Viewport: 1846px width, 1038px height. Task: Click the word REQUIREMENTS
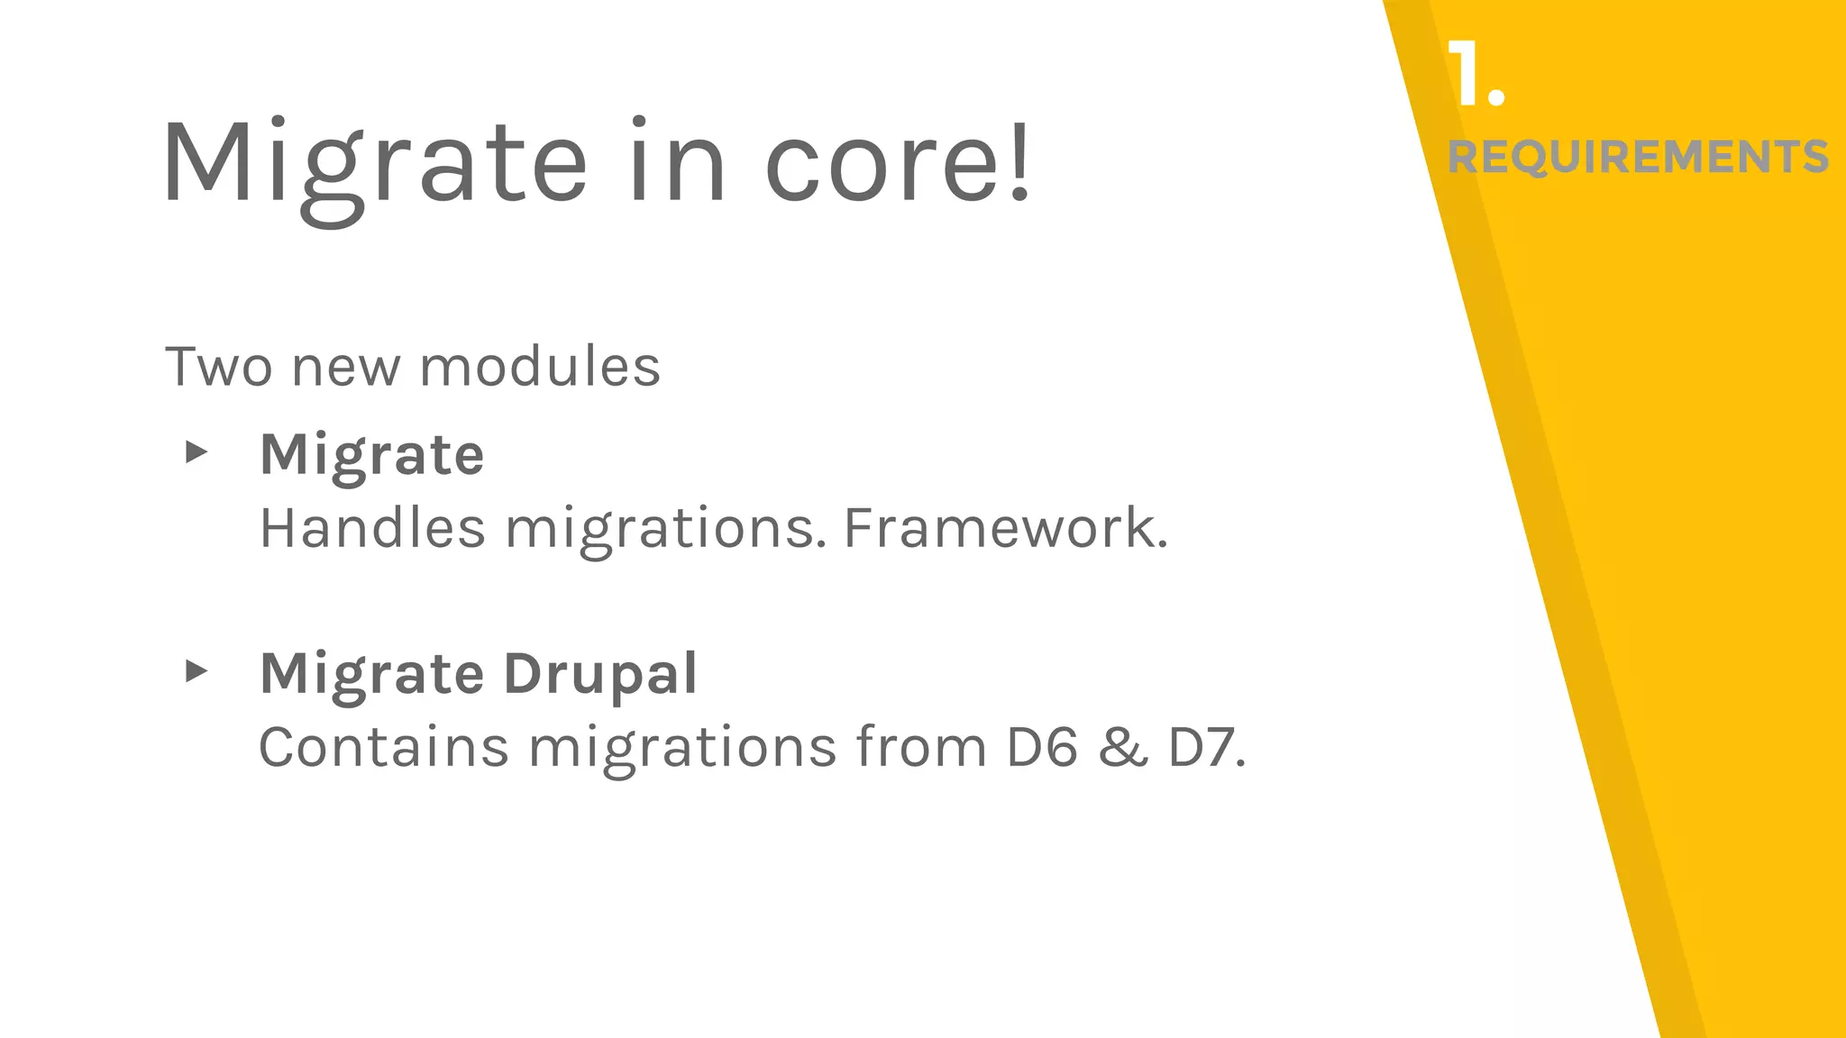coord(1638,157)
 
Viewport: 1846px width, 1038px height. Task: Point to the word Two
coord(218,368)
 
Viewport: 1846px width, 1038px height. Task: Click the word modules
coord(540,368)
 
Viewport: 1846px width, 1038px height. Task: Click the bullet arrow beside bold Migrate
coord(196,452)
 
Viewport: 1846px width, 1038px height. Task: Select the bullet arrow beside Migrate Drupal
coord(196,671)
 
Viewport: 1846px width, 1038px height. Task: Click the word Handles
coord(372,528)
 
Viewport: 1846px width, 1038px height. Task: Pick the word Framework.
coord(1005,528)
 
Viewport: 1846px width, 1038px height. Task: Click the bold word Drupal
coord(599,674)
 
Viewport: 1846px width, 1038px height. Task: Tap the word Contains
coord(384,747)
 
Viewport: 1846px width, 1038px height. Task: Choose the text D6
coord(1042,747)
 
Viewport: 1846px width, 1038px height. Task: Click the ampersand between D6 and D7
coord(1123,748)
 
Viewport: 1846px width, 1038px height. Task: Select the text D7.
coord(1206,747)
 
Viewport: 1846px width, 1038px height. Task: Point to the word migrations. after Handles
coord(664,530)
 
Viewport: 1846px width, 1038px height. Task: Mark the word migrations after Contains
coord(682,749)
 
